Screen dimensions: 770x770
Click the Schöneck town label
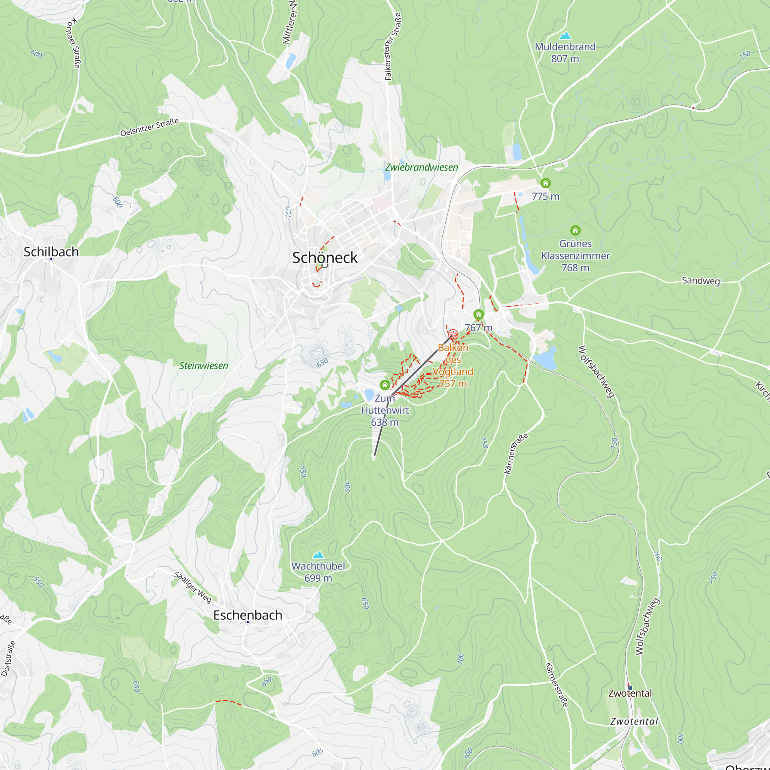click(x=325, y=258)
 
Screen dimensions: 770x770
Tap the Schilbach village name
click(x=51, y=251)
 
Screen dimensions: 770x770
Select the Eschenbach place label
click(x=248, y=615)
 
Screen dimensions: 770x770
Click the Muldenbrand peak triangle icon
click(x=565, y=36)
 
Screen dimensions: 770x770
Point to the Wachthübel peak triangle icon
click(x=318, y=555)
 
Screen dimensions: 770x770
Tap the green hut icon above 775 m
click(x=545, y=183)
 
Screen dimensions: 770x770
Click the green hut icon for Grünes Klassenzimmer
click(x=575, y=230)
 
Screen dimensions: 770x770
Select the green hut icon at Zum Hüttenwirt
click(x=385, y=385)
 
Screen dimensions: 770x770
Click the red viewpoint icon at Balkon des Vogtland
click(x=452, y=334)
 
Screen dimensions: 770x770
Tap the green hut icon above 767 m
click(x=478, y=315)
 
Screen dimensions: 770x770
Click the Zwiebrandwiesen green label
click(x=421, y=167)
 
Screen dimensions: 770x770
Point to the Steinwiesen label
click(x=204, y=365)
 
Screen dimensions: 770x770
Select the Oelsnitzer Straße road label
click(x=149, y=127)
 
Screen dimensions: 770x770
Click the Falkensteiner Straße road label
click(x=393, y=47)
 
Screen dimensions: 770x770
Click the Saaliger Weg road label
click(x=193, y=587)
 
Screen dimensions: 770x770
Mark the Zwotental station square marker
click(x=630, y=688)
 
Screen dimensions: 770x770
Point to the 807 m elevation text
click(x=565, y=59)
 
